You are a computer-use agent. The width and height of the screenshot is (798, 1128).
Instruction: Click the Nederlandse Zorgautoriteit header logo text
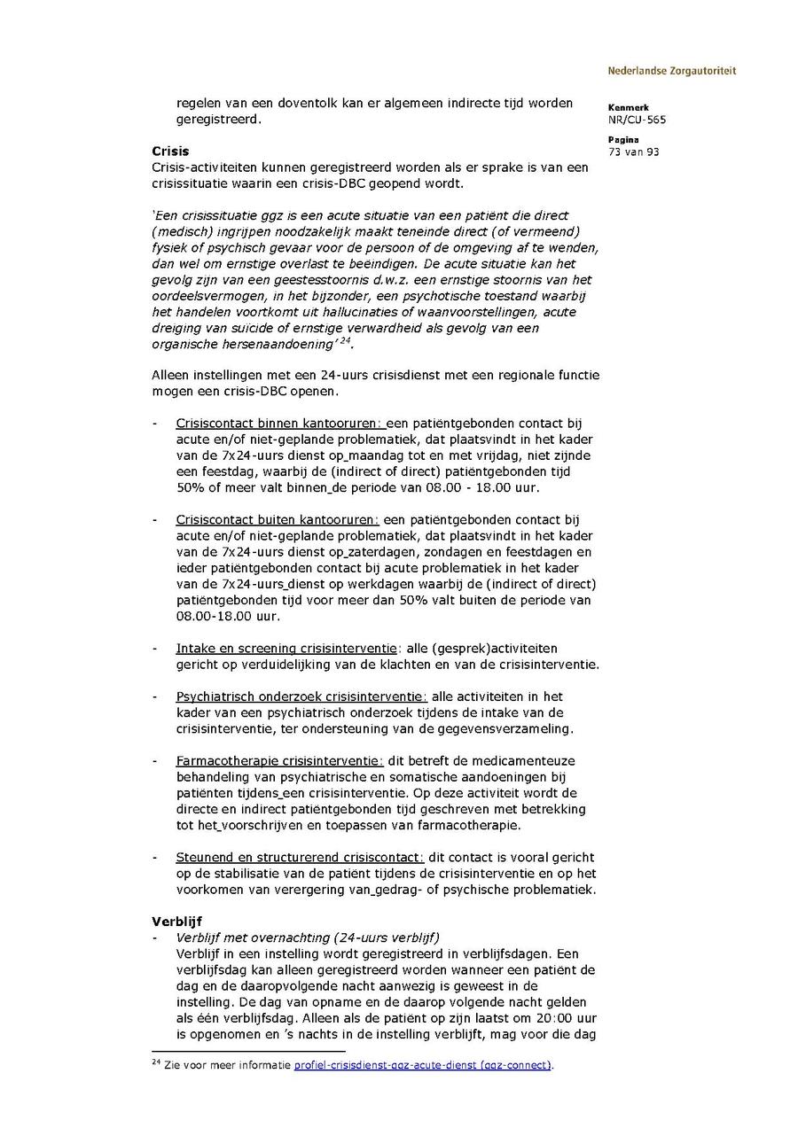[671, 71]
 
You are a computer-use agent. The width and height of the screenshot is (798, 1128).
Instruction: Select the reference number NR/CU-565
[638, 120]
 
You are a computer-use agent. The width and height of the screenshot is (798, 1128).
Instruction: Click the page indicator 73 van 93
[634, 152]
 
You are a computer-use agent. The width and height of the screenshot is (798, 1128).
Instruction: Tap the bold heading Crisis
[170, 152]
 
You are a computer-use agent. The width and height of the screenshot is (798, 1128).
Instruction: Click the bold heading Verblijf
[176, 922]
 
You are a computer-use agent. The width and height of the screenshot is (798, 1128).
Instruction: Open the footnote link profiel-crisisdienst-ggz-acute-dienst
[422, 1065]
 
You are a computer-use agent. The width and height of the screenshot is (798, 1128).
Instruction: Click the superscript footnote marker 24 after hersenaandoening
[346, 341]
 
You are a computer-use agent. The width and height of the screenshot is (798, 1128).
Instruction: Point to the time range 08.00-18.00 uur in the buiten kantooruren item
[221, 616]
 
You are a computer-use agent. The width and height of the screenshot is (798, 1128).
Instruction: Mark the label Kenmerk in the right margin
[628, 107]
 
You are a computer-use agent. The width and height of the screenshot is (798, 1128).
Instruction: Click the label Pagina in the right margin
[623, 139]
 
